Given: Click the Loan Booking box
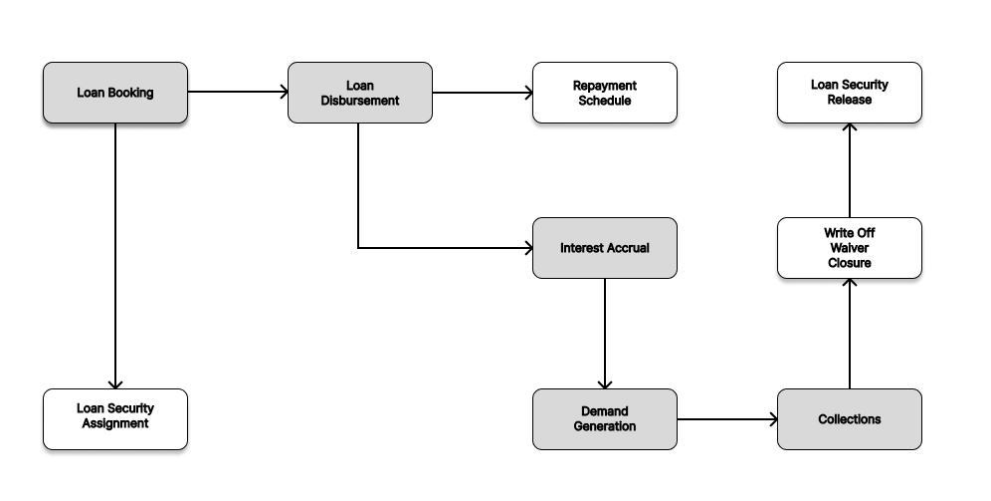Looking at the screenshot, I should point(115,93).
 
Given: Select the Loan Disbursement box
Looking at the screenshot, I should point(360,93).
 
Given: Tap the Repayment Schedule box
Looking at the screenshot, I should point(605,93).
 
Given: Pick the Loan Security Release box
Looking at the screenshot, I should point(850,93).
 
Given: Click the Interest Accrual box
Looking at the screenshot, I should point(605,248).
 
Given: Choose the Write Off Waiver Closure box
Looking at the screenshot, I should point(850,248).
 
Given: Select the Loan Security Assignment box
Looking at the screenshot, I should point(115,416).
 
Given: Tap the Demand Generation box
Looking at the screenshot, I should point(605,419).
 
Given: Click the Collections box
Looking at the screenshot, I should point(850,419).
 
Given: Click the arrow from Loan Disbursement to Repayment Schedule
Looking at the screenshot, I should point(482,93).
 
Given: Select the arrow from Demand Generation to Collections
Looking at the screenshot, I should point(726,419).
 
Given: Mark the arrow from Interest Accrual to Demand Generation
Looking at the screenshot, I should point(605,333).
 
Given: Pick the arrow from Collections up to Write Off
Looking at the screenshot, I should point(850,333).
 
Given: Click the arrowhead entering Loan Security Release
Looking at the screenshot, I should point(850,129).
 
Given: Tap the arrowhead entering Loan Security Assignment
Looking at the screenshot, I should point(115,382).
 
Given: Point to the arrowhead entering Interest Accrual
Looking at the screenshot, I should point(526,248).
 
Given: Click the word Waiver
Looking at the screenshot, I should point(850,248).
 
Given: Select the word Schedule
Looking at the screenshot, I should point(605,101).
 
